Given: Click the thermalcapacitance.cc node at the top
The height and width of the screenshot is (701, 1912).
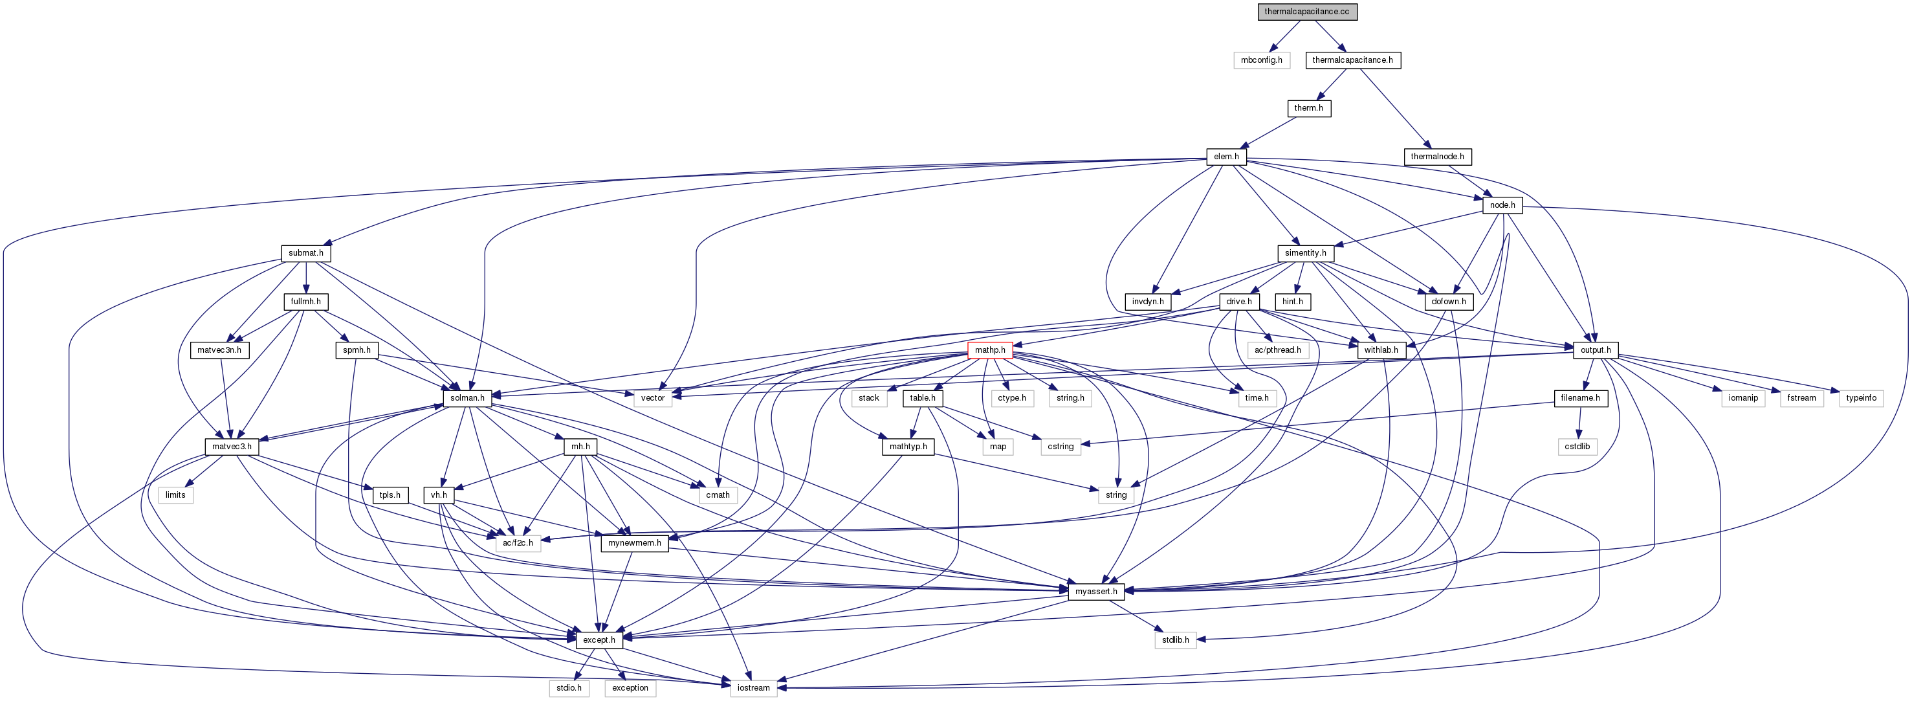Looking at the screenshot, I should [1307, 12].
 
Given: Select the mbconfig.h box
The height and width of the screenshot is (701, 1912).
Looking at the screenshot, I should [1261, 60].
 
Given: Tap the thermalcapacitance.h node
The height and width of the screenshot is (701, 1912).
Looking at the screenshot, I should [1352, 60].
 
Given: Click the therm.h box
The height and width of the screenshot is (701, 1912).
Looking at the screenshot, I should [1308, 108].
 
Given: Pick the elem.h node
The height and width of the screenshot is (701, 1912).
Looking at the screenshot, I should [1226, 157].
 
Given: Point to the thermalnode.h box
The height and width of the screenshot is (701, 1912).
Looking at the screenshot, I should [1437, 157].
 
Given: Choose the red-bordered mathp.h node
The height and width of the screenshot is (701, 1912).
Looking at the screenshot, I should [989, 350].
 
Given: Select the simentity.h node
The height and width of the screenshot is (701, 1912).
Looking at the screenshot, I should [1305, 253].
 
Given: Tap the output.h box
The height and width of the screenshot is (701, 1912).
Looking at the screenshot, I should [1595, 350].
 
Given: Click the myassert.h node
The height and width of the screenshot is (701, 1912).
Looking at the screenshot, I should [1095, 592].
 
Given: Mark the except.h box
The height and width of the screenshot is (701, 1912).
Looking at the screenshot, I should [599, 640].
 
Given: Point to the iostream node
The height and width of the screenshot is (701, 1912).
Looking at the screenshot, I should [753, 688].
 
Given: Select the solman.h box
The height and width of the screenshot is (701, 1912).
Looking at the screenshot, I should [467, 398].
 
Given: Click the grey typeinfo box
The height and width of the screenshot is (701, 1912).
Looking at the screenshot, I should [1861, 398].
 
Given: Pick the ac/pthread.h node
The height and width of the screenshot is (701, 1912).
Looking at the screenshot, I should [1277, 350].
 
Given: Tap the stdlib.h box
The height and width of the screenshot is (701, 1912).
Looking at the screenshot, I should [1175, 640].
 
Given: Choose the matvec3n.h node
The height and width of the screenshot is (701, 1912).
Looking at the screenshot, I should [219, 350].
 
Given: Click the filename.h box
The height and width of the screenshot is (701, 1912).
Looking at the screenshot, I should [1580, 398].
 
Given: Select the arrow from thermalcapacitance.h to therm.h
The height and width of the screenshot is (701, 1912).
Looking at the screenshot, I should [1332, 84].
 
